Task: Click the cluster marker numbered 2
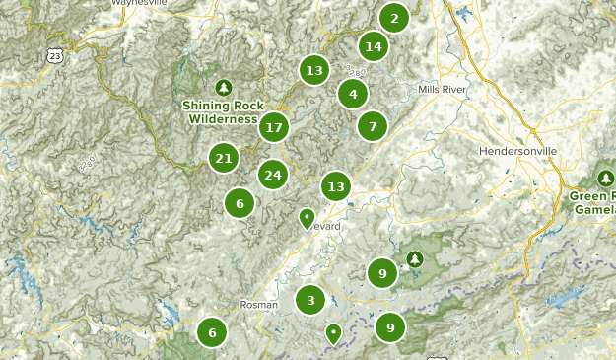394,18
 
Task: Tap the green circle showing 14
373,46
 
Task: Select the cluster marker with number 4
353,95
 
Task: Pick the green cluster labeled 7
372,126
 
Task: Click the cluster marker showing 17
274,127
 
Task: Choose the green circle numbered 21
224,158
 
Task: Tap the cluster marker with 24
273,176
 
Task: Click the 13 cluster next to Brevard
336,186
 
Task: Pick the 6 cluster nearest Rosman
212,332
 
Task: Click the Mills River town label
441,89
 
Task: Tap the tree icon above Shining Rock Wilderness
224,88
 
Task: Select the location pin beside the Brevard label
307,217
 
